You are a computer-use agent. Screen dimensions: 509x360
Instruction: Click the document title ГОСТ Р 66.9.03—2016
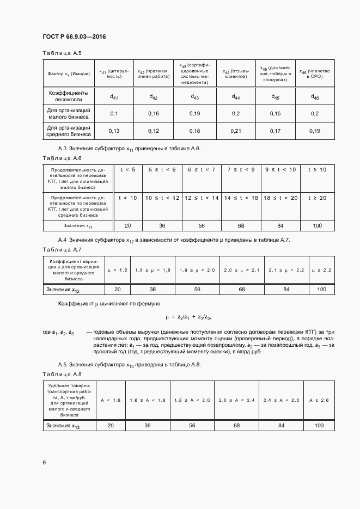[x=74, y=36]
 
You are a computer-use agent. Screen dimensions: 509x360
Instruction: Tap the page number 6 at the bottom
[x=44, y=462]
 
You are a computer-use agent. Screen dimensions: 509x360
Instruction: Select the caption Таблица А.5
[x=61, y=53]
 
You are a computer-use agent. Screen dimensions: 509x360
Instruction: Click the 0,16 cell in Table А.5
[x=154, y=114]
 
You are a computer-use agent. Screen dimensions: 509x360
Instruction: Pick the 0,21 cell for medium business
[x=236, y=131]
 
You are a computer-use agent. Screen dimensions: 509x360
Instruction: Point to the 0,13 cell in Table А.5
[x=114, y=131]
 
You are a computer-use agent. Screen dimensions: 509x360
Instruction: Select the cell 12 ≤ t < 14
[x=202, y=197]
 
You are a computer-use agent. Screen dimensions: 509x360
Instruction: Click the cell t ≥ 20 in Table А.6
[x=317, y=197]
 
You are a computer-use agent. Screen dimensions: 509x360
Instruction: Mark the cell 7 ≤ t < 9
[x=241, y=170]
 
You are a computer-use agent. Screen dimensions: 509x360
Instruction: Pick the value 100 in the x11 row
[x=317, y=225]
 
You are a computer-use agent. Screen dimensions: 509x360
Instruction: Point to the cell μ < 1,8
[x=118, y=270]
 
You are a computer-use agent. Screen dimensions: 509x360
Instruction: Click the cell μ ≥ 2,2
[x=321, y=270]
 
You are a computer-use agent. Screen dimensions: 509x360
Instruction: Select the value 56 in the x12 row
[x=197, y=289]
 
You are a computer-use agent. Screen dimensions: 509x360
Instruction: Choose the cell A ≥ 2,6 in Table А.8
[x=319, y=400]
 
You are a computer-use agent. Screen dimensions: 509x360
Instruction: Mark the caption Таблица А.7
[x=61, y=249]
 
